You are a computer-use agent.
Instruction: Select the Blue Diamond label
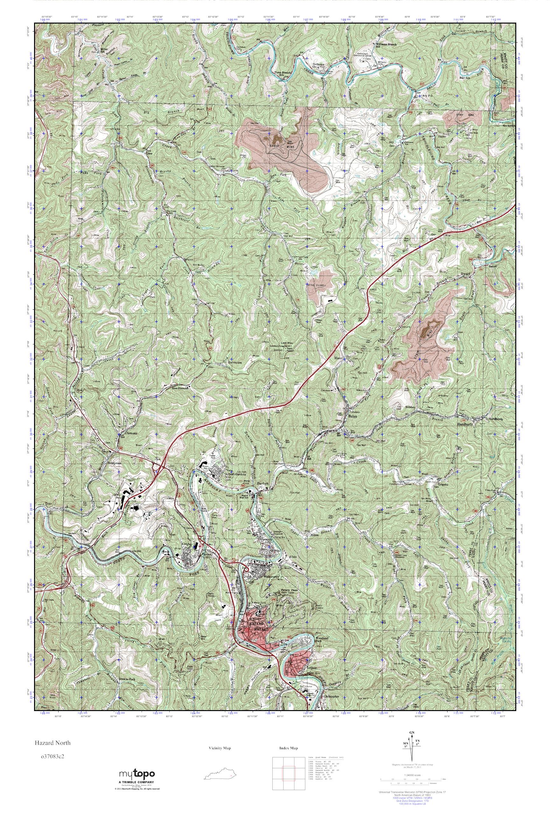180,388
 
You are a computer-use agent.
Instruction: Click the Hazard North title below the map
52,743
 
